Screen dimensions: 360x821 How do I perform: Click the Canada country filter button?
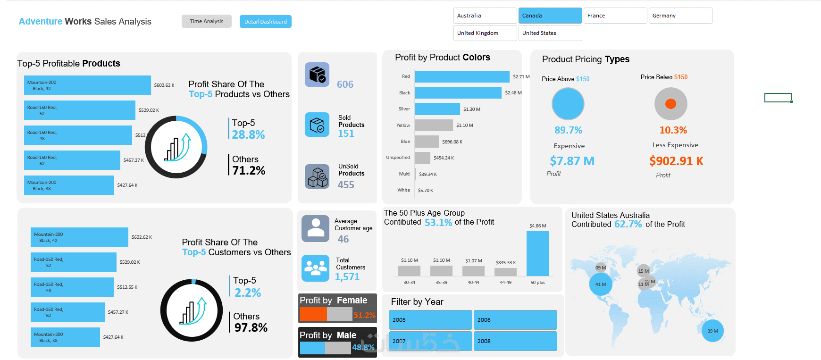click(550, 16)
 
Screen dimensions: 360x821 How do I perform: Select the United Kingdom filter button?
click(485, 33)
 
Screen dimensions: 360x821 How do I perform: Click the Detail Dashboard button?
click(265, 22)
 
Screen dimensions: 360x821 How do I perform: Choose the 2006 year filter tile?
click(515, 320)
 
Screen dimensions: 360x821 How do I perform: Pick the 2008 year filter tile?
click(515, 341)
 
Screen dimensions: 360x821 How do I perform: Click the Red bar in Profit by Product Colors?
click(461, 76)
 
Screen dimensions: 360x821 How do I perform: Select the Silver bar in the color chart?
click(437, 109)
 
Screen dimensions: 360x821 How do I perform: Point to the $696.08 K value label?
click(452, 142)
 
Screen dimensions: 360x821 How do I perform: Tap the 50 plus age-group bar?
click(537, 253)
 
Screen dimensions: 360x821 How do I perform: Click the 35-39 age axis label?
click(441, 283)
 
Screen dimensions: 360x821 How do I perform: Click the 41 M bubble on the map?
click(601, 285)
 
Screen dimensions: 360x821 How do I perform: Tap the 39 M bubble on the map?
click(712, 331)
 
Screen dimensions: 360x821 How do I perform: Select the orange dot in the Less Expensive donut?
click(670, 104)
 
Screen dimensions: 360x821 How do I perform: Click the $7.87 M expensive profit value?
click(572, 161)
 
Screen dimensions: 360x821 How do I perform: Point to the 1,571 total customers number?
click(347, 277)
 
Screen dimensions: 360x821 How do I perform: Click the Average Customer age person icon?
click(315, 228)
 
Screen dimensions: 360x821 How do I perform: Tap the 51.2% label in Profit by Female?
click(364, 315)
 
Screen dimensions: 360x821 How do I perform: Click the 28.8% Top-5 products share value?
click(248, 135)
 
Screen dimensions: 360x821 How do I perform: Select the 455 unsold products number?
click(346, 185)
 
